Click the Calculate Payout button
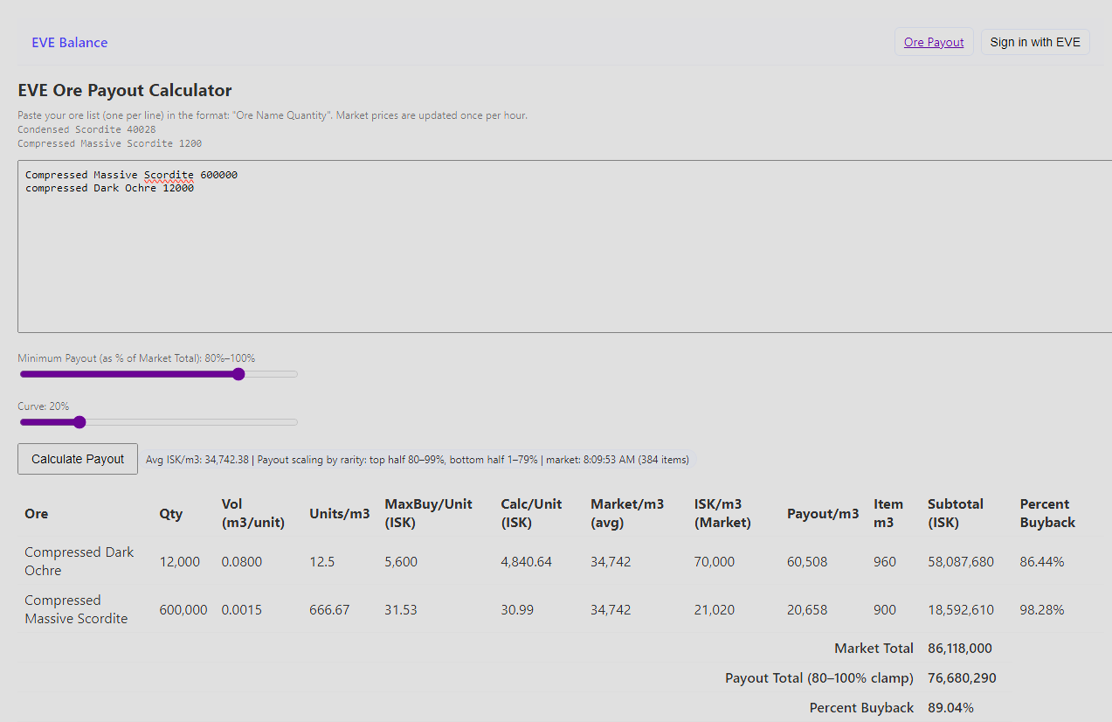tap(78, 459)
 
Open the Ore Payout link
tap(934, 42)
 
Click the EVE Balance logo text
tap(70, 42)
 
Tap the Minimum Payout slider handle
tap(238, 374)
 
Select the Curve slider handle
tap(79, 422)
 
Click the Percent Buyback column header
tap(1047, 513)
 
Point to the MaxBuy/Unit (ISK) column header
tap(428, 513)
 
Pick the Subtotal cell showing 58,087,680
tap(960, 561)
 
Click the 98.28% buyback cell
tap(1041, 609)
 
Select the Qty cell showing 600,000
tap(183, 609)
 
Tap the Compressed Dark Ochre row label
tap(79, 561)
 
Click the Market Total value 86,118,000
tap(959, 648)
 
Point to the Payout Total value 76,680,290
tap(962, 677)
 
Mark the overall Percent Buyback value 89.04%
tap(950, 707)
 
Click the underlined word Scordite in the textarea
tap(169, 175)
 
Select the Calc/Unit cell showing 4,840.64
tap(526, 561)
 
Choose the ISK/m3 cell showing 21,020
tap(714, 609)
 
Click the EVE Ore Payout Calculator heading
tap(125, 90)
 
